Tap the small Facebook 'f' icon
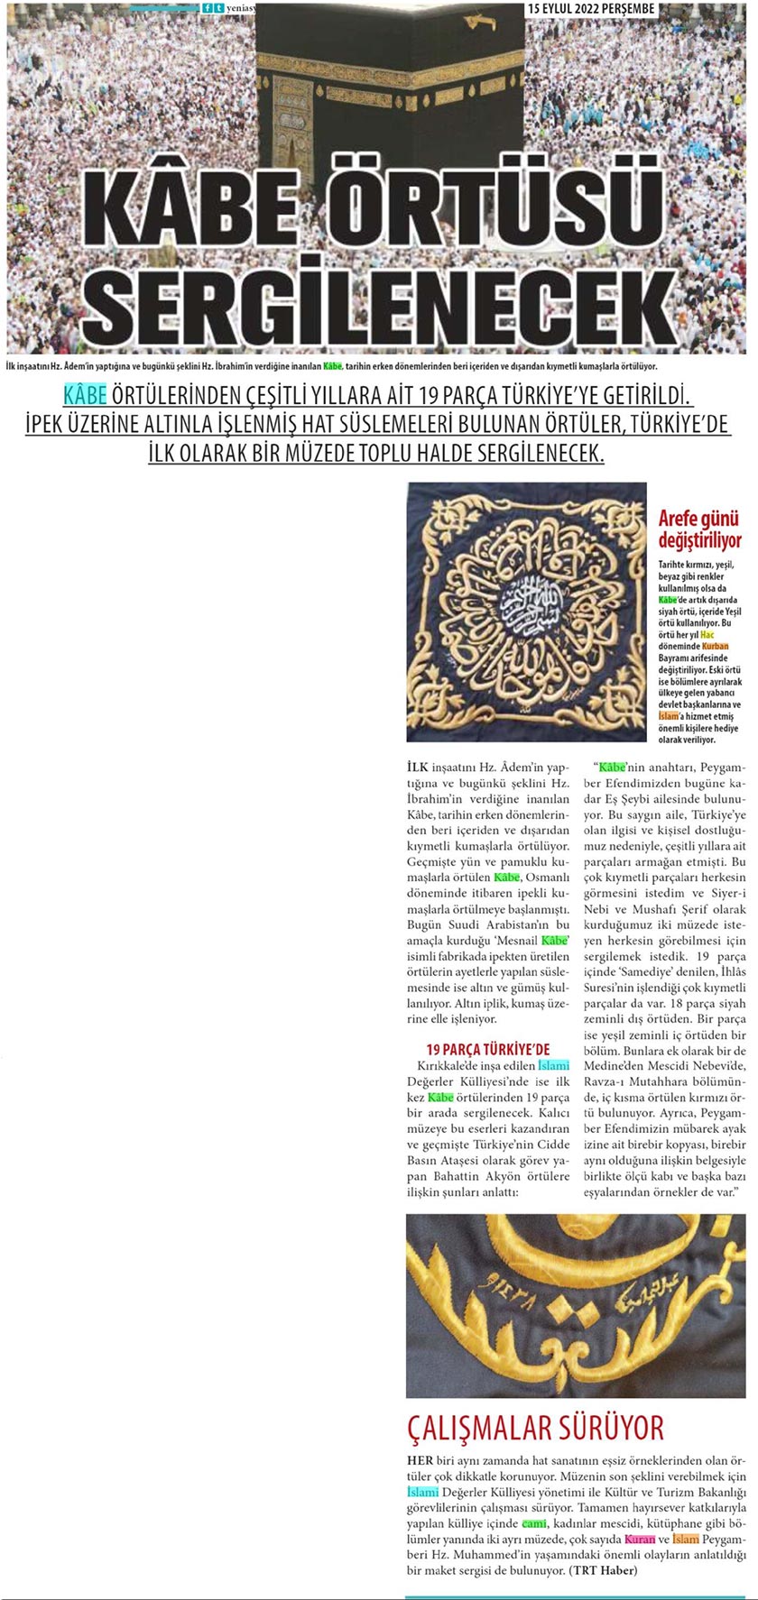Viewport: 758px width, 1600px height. click(208, 8)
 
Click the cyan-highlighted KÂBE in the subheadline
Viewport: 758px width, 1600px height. click(85, 395)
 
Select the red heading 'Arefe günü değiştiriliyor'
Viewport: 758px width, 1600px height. click(699, 529)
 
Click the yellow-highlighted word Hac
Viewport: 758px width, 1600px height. click(707, 635)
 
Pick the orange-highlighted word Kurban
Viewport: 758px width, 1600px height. click(715, 647)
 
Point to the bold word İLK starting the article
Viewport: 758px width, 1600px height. click(419, 768)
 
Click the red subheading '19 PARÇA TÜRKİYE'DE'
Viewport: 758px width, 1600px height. click(487, 1049)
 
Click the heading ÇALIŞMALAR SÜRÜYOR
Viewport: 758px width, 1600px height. click(536, 1428)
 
